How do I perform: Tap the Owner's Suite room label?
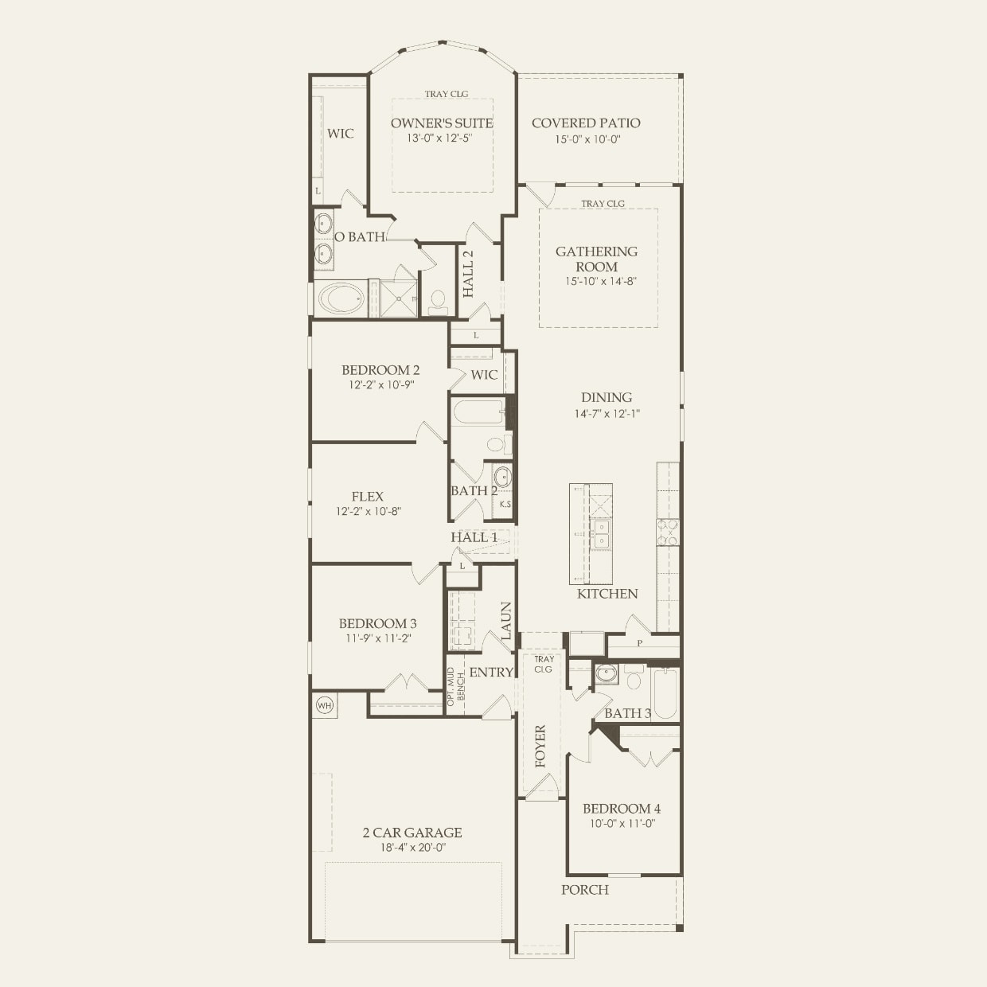point(442,123)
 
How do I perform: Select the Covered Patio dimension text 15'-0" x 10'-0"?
point(587,139)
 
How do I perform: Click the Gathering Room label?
point(596,259)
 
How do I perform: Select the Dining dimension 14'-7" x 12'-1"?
point(607,414)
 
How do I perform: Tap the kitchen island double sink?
point(600,533)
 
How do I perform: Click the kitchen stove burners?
point(667,533)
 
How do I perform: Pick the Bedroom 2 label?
point(380,370)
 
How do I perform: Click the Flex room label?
point(368,497)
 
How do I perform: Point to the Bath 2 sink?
point(503,477)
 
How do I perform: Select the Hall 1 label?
point(474,537)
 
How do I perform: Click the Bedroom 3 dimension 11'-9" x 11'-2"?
point(377,638)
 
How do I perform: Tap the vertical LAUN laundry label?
point(505,621)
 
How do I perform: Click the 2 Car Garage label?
point(412,833)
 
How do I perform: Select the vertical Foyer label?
point(540,746)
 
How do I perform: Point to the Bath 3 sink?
point(607,674)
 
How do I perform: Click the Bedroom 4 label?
point(622,809)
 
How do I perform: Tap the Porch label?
point(585,890)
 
